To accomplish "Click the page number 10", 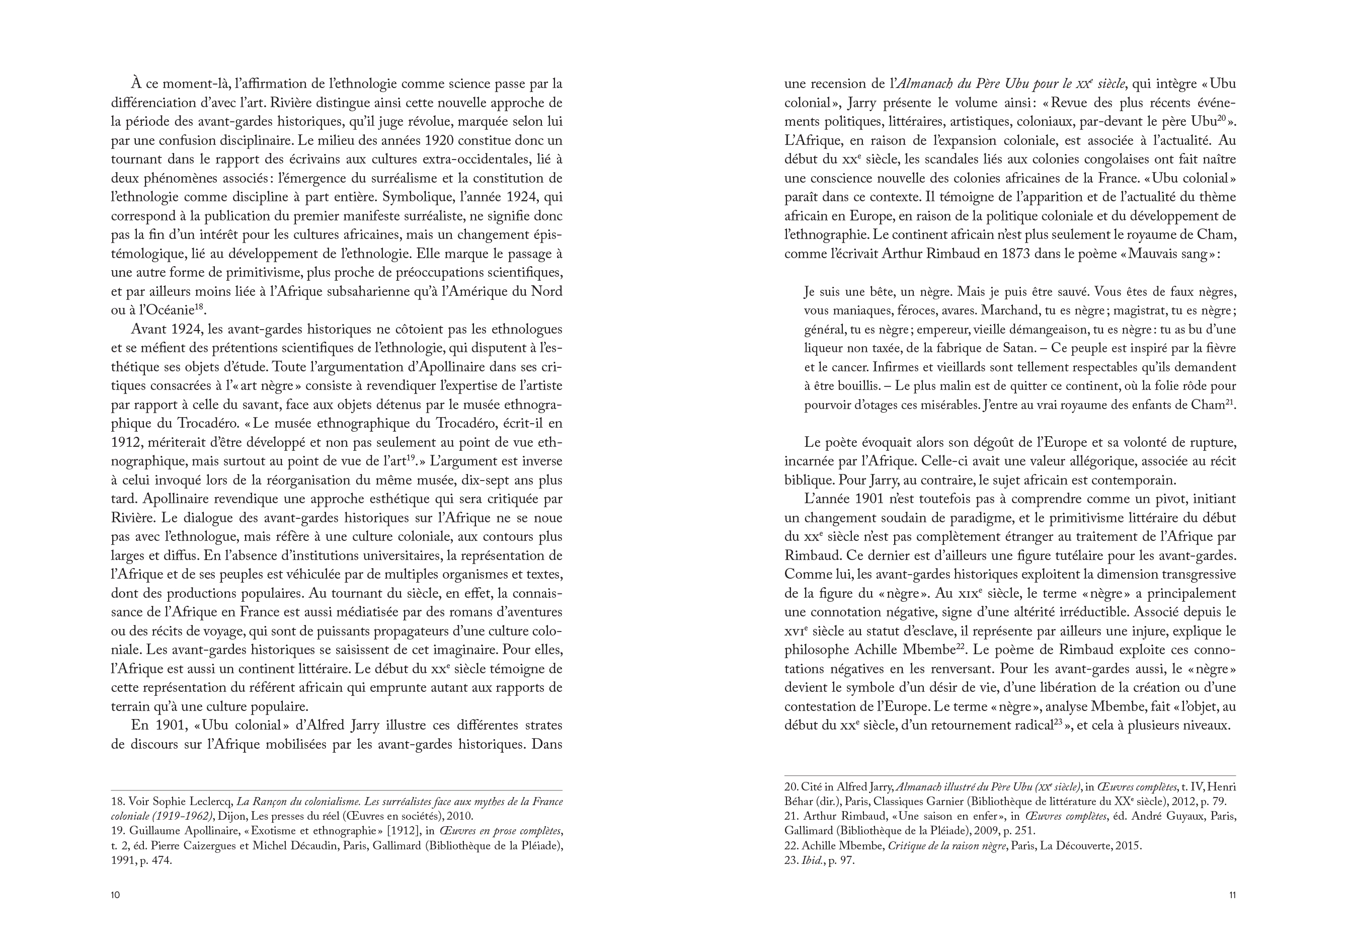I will point(115,895).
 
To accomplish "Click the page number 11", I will point(1232,895).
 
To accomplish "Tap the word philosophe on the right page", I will point(813,650).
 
